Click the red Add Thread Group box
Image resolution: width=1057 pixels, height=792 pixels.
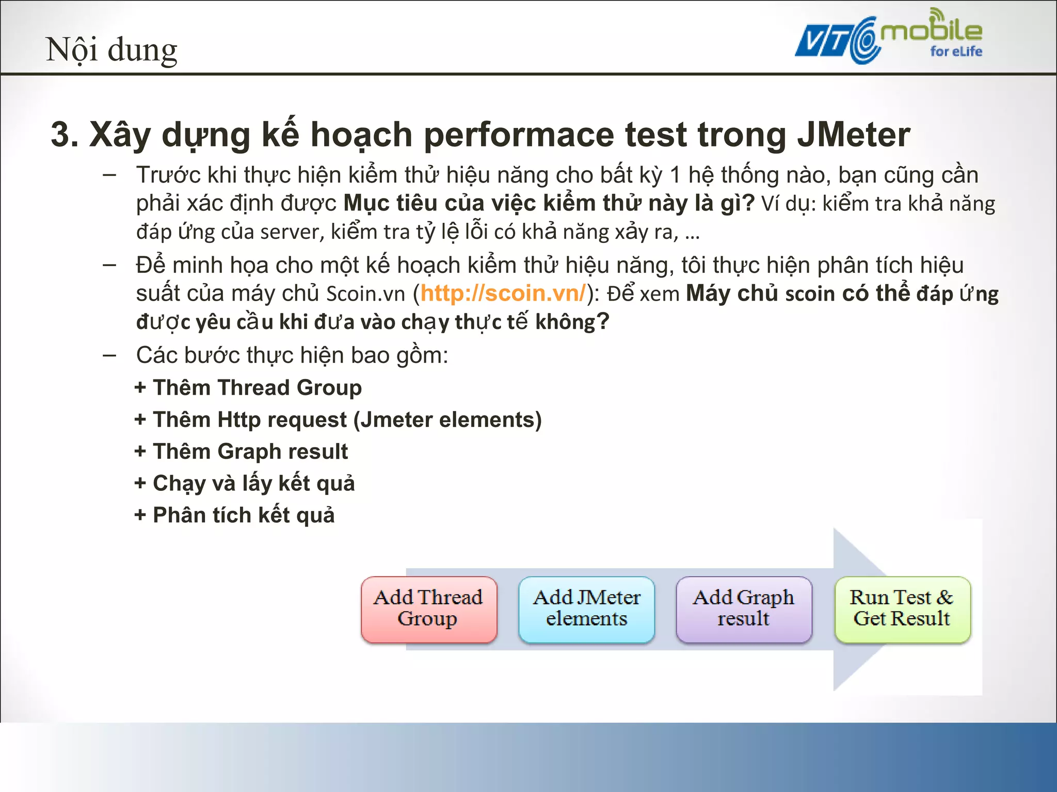coord(429,609)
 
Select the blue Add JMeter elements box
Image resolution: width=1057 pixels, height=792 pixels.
coord(586,609)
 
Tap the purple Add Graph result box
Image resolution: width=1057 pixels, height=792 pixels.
coord(744,609)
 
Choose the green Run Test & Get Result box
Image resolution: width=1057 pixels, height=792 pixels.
coord(902,609)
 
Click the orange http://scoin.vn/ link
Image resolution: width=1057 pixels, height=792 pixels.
coord(503,293)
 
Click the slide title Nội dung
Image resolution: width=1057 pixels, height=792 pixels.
coord(111,50)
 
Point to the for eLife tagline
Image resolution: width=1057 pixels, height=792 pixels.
coord(956,52)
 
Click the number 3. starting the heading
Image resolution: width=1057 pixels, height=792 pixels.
coord(64,135)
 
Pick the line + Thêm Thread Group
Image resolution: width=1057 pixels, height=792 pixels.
coord(248,388)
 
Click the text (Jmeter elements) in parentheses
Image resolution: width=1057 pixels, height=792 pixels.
coord(447,420)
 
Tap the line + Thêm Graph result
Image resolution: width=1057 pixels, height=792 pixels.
coord(241,452)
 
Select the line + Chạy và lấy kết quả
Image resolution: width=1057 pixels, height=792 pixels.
coord(245,484)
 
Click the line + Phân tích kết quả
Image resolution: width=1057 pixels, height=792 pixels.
coord(234,516)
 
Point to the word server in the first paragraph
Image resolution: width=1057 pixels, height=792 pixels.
coord(292,233)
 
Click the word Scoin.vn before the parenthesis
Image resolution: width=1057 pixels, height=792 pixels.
coord(366,294)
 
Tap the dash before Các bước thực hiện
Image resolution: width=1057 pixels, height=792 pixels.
coord(109,355)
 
